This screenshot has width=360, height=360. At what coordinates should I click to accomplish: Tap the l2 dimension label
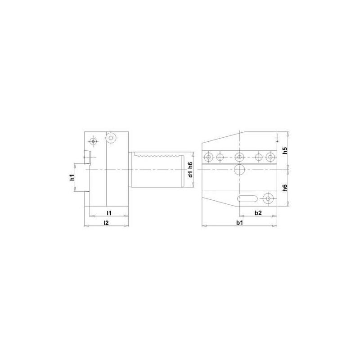click(106, 222)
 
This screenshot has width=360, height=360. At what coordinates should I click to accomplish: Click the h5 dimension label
click(284, 151)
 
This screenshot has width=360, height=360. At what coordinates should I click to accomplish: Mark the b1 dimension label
click(239, 222)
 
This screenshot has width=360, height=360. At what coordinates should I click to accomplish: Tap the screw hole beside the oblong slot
click(269, 198)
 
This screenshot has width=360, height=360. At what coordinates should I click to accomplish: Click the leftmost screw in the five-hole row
click(208, 157)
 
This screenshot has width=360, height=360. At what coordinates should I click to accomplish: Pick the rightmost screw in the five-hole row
click(270, 157)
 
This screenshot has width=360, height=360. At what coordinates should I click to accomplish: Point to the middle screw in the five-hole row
click(239, 157)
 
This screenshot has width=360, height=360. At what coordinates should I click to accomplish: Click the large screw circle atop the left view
click(110, 138)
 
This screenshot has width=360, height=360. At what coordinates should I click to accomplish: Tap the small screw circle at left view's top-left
click(93, 141)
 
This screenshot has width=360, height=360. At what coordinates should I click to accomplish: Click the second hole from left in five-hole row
click(220, 157)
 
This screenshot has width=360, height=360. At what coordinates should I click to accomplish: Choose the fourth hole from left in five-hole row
click(259, 157)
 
